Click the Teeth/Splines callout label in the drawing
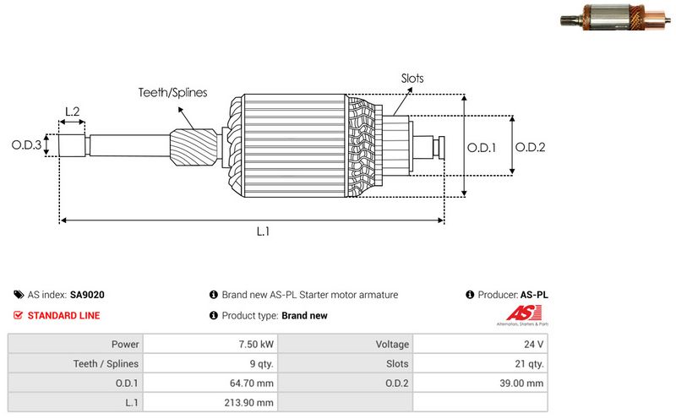[x=172, y=93]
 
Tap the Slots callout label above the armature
[x=412, y=79]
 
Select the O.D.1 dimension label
[x=482, y=146]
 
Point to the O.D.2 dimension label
[x=530, y=146]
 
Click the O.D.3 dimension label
[x=26, y=145]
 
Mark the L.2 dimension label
[x=73, y=112]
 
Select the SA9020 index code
[x=87, y=295]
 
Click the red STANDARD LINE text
[x=64, y=315]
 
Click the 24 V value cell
[x=534, y=345]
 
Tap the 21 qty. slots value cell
[x=530, y=364]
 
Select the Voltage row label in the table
[x=392, y=345]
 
